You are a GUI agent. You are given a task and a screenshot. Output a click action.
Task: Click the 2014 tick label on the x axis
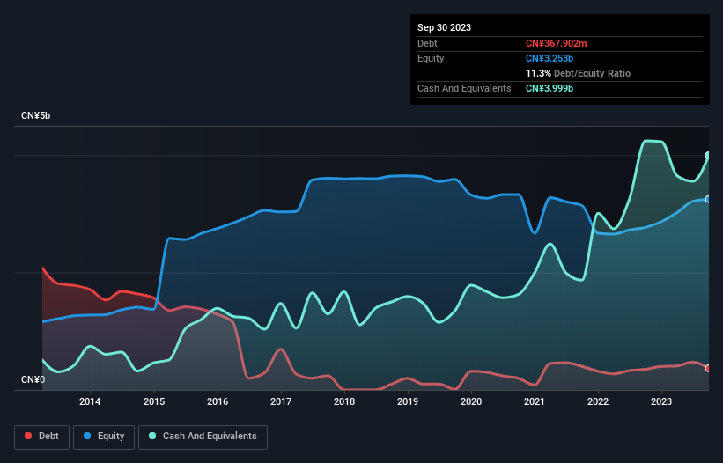coord(90,402)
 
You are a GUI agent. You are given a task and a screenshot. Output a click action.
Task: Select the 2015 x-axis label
coord(153,402)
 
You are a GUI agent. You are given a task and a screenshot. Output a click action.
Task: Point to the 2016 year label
coord(217,402)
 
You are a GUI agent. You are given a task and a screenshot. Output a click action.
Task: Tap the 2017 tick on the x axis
coord(280,402)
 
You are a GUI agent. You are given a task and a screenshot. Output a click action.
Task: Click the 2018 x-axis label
coord(344,402)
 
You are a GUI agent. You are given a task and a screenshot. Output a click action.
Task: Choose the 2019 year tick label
coord(408,402)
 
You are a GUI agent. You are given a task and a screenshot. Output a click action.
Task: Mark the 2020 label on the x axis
coord(471,402)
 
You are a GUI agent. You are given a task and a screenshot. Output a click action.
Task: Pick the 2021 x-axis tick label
coord(535,402)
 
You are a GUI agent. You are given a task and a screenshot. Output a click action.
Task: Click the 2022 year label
coord(598,402)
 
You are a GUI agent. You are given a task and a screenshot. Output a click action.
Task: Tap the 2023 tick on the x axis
coord(661,402)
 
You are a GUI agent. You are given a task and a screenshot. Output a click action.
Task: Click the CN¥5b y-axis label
coord(39,116)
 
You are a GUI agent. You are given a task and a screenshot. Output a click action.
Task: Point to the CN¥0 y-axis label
coord(33,379)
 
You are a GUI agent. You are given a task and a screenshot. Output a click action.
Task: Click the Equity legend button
coord(104,436)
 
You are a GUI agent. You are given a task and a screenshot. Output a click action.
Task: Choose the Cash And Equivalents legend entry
coord(203,436)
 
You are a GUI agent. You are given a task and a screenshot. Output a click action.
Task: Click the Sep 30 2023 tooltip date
coord(444,27)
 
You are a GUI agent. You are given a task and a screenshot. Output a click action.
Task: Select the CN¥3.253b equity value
coord(550,58)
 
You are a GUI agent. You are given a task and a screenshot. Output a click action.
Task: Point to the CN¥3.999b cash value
coord(550,88)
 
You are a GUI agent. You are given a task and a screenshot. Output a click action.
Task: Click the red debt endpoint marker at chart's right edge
coord(708,368)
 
